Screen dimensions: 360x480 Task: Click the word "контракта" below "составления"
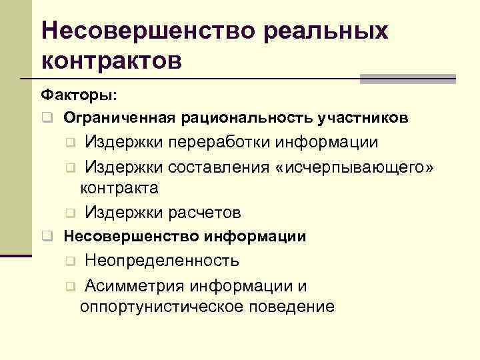point(119,187)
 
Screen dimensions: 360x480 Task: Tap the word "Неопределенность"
point(162,260)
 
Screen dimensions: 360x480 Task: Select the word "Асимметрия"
point(135,286)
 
